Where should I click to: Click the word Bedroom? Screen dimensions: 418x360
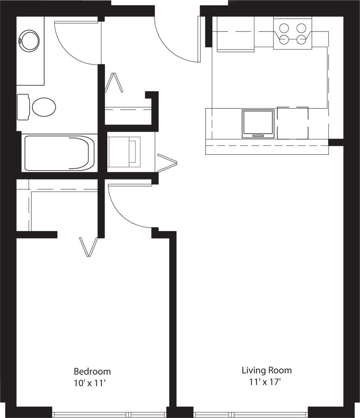click(x=92, y=371)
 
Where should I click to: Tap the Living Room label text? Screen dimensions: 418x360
click(x=266, y=370)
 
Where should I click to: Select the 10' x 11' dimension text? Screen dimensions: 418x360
click(x=90, y=383)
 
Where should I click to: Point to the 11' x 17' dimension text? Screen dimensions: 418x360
click(x=265, y=381)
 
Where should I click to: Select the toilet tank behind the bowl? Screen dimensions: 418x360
click(x=23, y=107)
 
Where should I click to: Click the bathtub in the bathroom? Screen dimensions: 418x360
click(x=59, y=153)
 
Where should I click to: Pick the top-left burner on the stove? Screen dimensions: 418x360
click(x=284, y=28)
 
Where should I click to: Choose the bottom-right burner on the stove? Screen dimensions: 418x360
click(x=301, y=40)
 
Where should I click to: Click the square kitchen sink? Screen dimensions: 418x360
click(x=258, y=124)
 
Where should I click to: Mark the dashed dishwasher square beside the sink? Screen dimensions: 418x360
click(x=293, y=123)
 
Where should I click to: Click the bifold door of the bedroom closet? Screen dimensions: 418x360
click(x=88, y=247)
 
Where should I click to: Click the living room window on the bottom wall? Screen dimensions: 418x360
click(x=251, y=414)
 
